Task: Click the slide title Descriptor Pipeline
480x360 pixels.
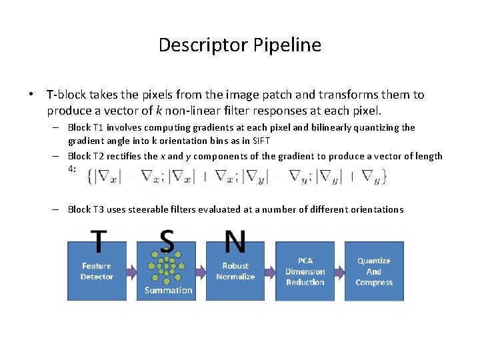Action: [240, 45]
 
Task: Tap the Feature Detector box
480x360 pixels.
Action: [97, 271]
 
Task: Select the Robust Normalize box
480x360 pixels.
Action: [235, 271]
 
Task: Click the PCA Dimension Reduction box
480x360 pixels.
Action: [305, 271]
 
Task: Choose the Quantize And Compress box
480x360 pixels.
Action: [374, 271]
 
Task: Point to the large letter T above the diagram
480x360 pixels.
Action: [99, 242]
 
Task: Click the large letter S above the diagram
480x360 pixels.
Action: [167, 242]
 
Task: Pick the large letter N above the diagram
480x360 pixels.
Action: [235, 242]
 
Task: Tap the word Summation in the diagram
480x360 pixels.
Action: [168, 291]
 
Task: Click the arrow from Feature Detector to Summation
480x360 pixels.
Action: [132, 271]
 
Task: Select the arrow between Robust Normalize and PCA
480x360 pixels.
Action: [270, 271]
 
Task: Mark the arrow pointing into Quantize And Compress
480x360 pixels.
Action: [339, 271]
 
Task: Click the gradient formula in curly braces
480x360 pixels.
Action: [241, 176]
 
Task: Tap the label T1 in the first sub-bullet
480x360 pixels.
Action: [98, 127]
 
